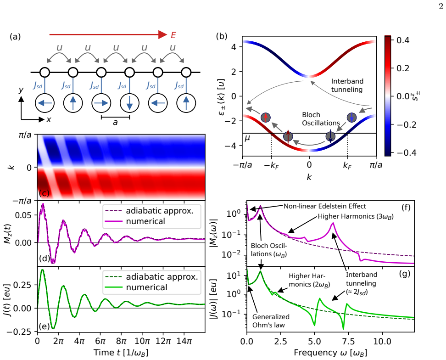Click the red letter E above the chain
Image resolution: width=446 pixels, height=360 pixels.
[x=173, y=35]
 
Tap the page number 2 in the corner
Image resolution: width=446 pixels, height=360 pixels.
[x=440, y=6]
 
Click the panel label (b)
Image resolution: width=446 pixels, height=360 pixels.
[x=222, y=36]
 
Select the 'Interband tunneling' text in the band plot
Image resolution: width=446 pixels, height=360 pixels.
[x=347, y=85]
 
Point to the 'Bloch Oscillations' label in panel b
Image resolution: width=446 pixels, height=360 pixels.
[x=321, y=119]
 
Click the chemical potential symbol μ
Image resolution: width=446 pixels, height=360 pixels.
[x=247, y=139]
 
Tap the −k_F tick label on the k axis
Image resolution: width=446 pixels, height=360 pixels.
[x=271, y=165]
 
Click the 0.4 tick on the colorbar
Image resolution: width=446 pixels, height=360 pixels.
[x=403, y=40]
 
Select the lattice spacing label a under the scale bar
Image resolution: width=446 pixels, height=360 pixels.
[x=115, y=122]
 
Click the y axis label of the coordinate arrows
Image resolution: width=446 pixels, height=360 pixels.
[x=21, y=90]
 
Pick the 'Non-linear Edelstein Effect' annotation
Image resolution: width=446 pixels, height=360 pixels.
[x=324, y=206]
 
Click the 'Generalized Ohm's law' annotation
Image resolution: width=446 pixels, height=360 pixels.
[x=271, y=321]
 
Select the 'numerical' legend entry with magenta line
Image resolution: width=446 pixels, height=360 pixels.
[x=134, y=221]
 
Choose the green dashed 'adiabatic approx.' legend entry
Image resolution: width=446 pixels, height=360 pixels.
[x=151, y=277]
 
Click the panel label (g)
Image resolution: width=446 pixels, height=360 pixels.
[x=405, y=274]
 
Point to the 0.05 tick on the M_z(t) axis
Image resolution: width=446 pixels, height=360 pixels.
[x=27, y=215]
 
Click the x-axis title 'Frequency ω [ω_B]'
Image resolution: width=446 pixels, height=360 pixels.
[x=330, y=353]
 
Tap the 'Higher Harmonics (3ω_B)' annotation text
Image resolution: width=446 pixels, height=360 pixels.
[x=356, y=217]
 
